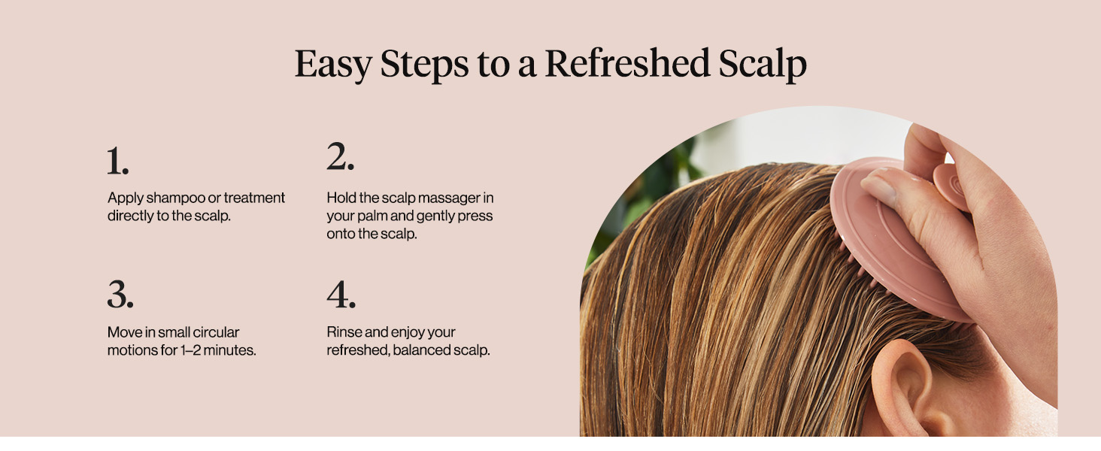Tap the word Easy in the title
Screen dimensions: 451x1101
332,65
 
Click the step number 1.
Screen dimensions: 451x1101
117,161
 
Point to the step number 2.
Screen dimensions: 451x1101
340,156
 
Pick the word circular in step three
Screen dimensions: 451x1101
216,332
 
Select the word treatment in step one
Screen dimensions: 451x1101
254,198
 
